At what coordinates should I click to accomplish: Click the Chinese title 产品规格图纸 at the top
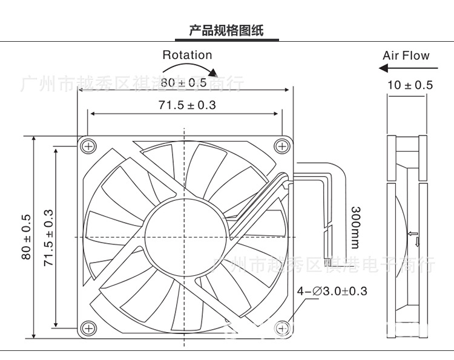226,31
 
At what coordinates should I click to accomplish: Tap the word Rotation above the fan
187,55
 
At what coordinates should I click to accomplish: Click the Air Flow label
406,56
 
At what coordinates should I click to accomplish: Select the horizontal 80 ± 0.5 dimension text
184,82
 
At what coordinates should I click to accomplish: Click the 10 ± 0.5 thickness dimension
410,85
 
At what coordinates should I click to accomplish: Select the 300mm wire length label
355,227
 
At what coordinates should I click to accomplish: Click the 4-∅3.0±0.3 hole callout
332,291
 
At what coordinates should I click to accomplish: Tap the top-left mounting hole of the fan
88,145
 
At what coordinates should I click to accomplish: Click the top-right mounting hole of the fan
281,145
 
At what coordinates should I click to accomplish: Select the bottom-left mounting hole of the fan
88,328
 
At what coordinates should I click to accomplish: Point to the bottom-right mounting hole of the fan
281,328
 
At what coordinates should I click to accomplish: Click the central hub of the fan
184,237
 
